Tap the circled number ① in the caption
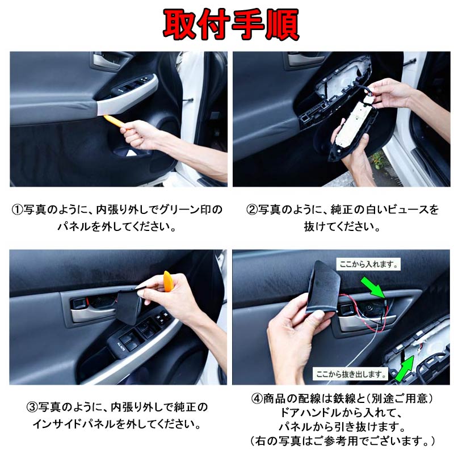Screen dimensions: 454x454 coord(17,210)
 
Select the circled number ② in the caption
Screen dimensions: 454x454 coord(251,210)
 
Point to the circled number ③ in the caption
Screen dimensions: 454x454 coord(32,408)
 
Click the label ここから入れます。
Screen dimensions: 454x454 coord(369,264)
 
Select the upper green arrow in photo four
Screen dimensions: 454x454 coord(373,287)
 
